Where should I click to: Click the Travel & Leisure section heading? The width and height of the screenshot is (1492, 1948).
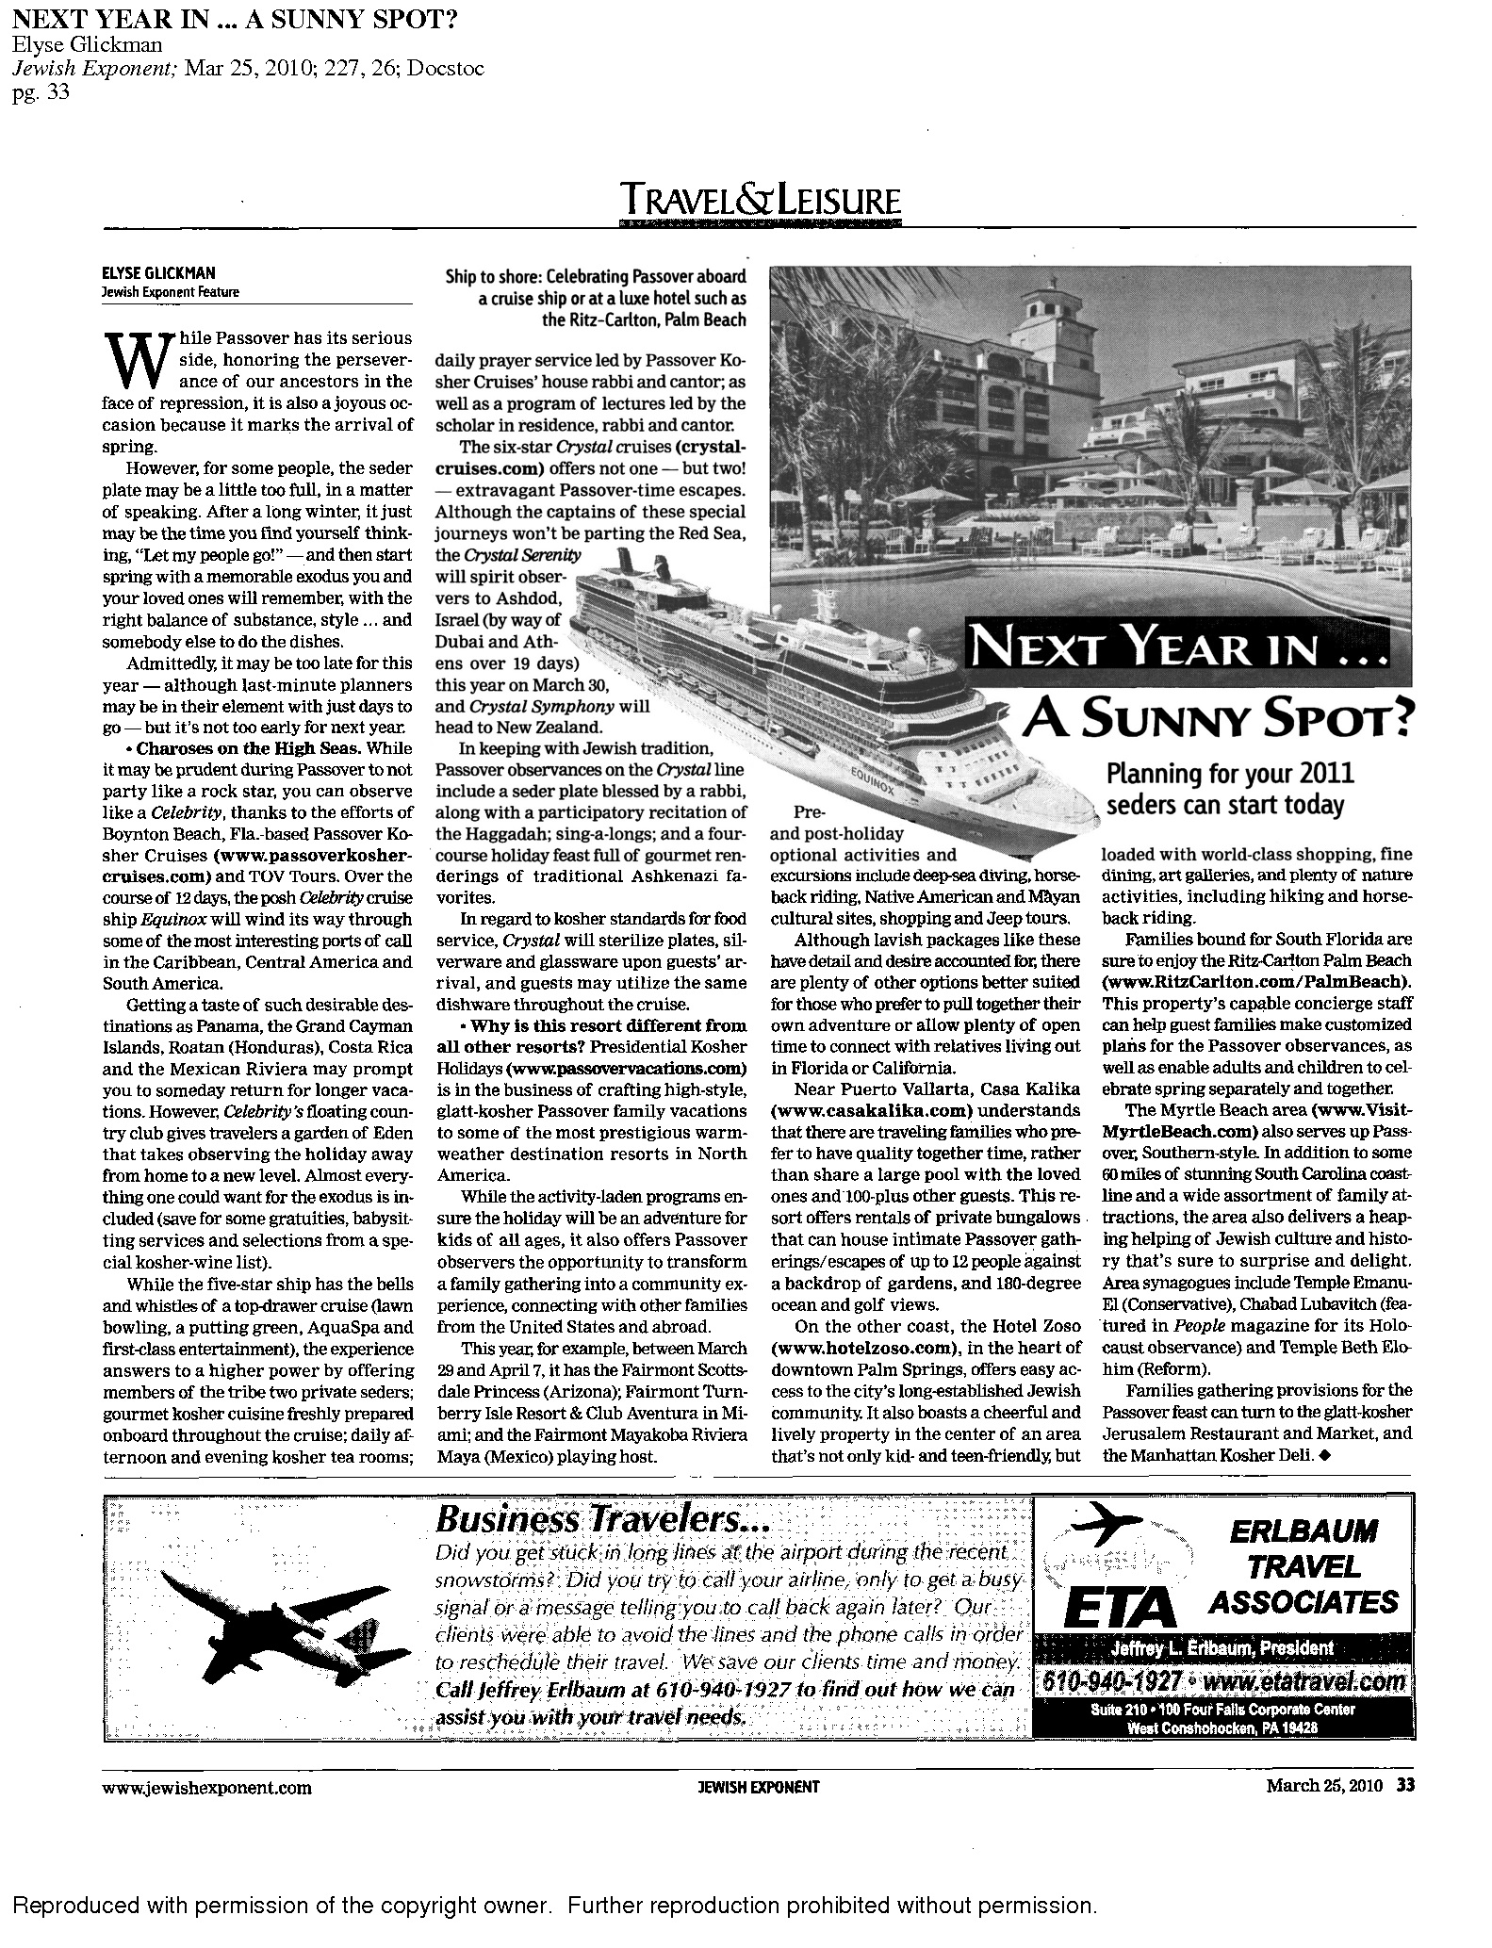(x=760, y=202)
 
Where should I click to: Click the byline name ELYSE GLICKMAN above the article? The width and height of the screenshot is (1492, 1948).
(x=157, y=274)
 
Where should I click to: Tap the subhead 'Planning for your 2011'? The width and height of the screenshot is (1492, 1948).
(x=1230, y=775)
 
